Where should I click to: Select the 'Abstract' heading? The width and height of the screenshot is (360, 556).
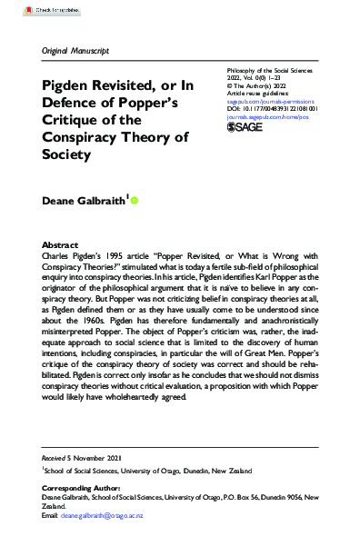61,246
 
